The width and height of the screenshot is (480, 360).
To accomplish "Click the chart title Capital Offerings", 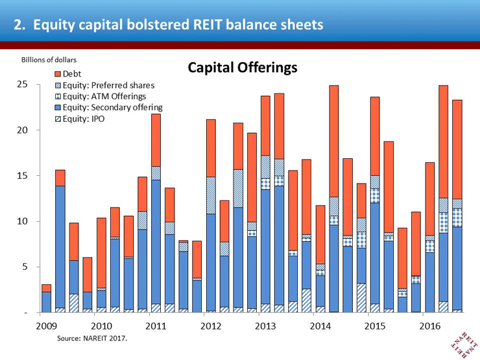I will tap(243, 67).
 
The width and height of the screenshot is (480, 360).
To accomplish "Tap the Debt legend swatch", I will tap(58, 74).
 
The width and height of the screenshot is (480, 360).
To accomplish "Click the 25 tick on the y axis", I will tap(23, 85).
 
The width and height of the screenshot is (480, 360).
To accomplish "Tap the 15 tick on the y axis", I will tap(23, 176).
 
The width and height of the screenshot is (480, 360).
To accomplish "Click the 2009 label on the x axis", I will tap(46, 326).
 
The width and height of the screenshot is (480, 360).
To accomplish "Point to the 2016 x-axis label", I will tap(431, 326).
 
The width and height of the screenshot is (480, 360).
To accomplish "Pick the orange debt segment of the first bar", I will tap(46, 288).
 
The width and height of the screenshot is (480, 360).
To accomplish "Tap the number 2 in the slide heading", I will tap(19, 25).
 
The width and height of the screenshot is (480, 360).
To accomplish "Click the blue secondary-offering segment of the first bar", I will tap(46, 302).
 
